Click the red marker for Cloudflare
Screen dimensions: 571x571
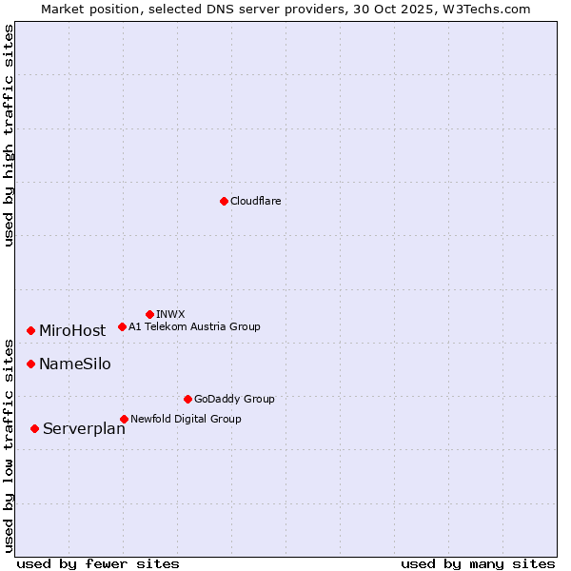[224, 201]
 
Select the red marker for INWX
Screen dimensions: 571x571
[149, 314]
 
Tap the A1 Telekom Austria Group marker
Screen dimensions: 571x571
[122, 326]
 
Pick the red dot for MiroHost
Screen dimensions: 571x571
[31, 330]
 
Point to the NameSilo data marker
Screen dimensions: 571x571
[31, 364]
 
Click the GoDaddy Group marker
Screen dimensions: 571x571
[187, 399]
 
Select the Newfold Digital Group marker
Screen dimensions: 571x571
[124, 419]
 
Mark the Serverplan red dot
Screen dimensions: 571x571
[35, 428]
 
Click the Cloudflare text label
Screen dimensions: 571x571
[256, 201]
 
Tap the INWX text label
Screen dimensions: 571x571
[170, 314]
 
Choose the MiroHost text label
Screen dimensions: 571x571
[72, 330]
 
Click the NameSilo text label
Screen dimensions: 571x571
[74, 364]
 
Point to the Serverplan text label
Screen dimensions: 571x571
[84, 428]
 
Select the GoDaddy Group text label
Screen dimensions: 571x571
[234, 399]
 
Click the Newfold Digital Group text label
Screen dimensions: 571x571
[186, 419]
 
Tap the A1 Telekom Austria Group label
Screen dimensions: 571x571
[194, 326]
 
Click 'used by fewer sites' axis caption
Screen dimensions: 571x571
[98, 563]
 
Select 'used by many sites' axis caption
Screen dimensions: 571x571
[478, 563]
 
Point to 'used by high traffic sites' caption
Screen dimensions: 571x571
[9, 135]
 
